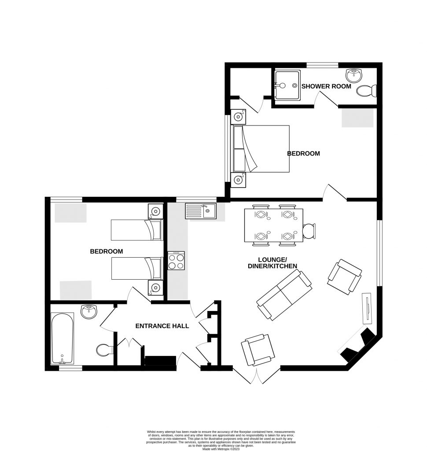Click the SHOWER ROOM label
coord(326,86)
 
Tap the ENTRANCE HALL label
coord(162,326)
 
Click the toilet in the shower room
coord(367,91)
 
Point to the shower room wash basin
coord(353,74)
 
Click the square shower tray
coord(286,85)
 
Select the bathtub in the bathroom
coord(63,338)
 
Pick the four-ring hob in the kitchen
coord(177,261)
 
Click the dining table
coord(273,225)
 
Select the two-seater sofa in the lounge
coord(284,294)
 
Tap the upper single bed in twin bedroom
coord(136,229)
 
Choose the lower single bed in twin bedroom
coord(136,269)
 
